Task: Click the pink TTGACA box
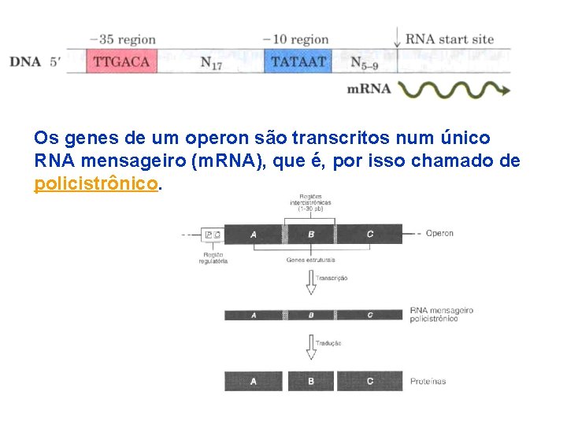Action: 122,61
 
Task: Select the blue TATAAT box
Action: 298,61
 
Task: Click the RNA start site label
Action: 450,39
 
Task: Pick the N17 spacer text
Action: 211,63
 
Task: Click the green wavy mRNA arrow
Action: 454,89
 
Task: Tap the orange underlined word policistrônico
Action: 97,184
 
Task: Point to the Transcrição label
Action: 332,278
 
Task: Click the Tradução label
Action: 328,343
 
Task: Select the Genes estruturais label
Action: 311,259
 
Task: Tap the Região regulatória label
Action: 213,258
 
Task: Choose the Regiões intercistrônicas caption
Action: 310,202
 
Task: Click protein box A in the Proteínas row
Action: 254,381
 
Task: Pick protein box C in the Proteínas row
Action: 370,381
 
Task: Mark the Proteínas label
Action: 428,382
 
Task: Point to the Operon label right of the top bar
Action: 439,233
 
